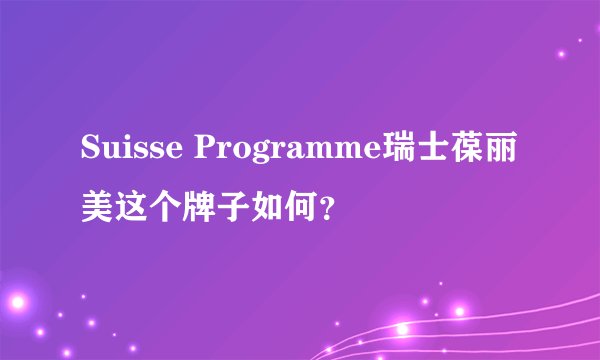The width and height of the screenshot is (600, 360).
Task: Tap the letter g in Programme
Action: click(267, 152)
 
